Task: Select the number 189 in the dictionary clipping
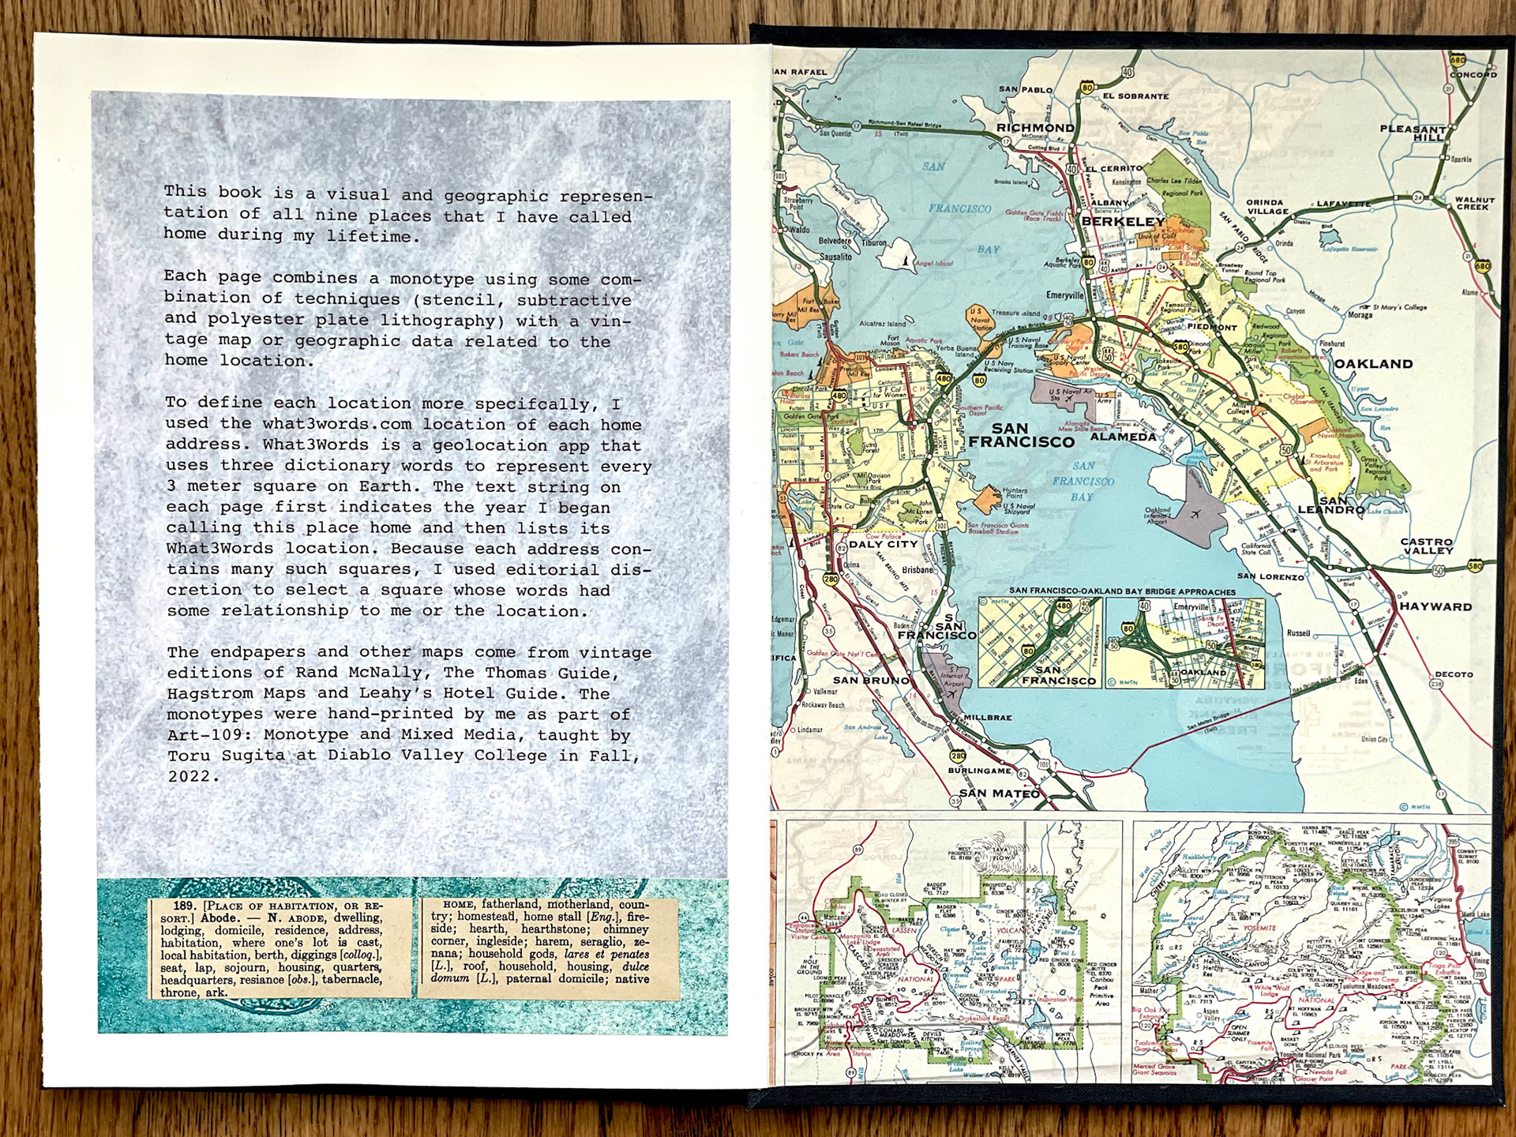185,906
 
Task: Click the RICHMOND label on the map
1034,128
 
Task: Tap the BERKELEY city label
1123,222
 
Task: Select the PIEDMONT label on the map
1212,327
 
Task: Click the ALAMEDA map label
1123,437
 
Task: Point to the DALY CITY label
883,544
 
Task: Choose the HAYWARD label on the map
1435,606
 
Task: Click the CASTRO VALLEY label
1427,546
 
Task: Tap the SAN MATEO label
999,793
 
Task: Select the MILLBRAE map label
987,718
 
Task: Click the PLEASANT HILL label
1413,133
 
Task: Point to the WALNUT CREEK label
1474,204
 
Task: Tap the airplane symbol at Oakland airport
1195,515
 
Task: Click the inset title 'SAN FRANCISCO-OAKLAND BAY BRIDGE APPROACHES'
1122,591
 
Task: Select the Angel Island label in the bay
934,264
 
